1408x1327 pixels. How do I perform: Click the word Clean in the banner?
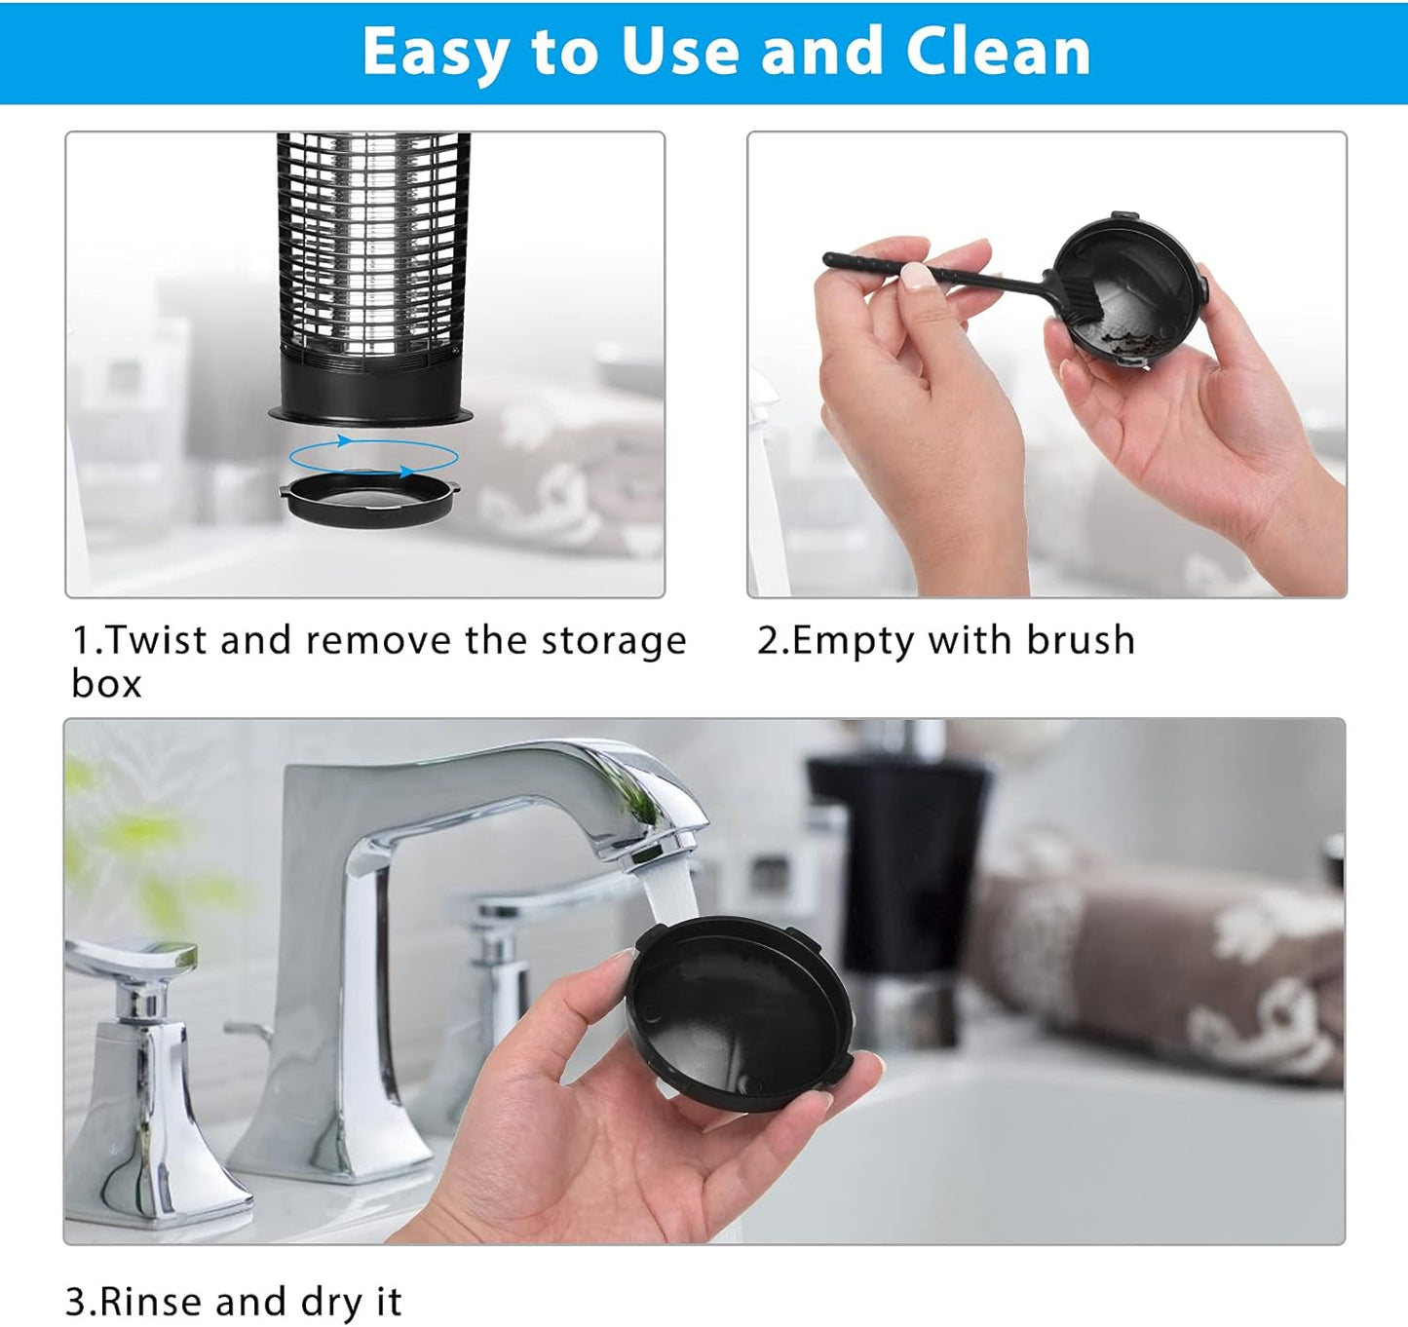(998, 51)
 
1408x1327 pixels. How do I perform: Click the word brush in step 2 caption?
(1081, 640)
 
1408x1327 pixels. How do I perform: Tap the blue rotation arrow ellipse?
(373, 455)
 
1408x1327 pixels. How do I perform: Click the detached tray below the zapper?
(369, 500)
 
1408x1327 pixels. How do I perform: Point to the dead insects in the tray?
(1124, 343)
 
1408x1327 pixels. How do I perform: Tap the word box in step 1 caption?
(106, 684)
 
